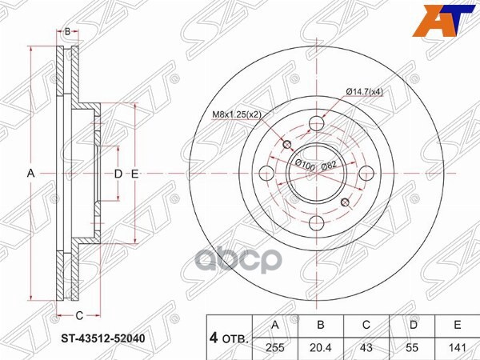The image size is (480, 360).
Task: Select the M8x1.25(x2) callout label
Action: pos(238,114)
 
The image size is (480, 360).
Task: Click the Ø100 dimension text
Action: pos(303,165)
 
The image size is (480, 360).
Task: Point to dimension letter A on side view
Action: pos(31,174)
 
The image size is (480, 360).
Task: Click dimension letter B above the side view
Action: pos(68,31)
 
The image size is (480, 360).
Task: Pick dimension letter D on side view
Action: pos(118,174)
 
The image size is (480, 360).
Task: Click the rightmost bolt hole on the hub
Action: pos(365,173)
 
